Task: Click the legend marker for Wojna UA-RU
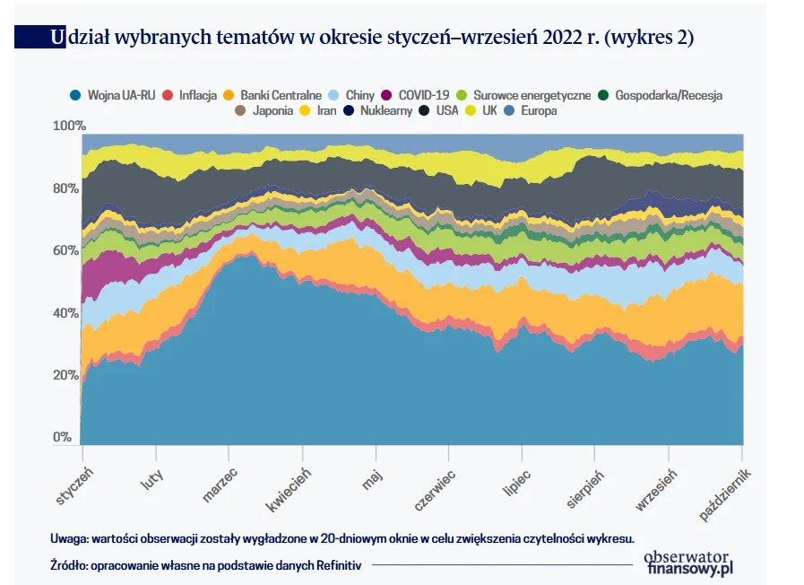[75, 95]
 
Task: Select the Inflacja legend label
[198, 95]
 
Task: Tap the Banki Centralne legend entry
[281, 95]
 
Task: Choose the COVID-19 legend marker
[386, 95]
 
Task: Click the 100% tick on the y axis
[69, 126]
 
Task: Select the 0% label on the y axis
[62, 437]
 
